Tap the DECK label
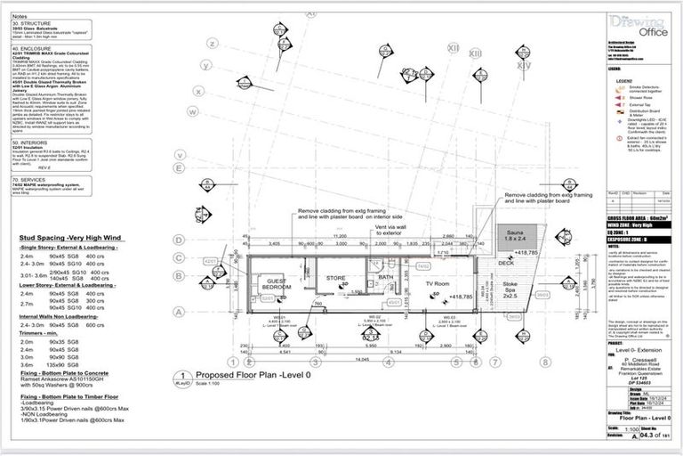(x=508, y=264)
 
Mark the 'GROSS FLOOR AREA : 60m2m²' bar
(x=639, y=217)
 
